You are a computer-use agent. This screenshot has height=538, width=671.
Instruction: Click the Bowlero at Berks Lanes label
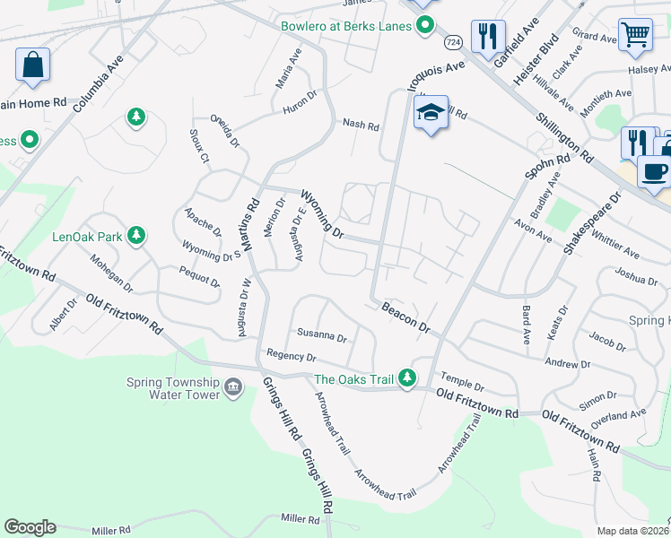(345, 26)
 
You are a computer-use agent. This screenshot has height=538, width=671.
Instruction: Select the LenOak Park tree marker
(136, 236)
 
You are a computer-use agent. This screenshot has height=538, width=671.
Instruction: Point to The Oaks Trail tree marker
(407, 377)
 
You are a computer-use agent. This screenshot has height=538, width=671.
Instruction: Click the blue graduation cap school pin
(431, 114)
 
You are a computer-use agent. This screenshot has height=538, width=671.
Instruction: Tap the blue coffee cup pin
(654, 170)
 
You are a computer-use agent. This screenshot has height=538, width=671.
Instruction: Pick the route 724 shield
(453, 43)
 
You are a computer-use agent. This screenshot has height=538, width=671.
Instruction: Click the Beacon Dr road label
(405, 317)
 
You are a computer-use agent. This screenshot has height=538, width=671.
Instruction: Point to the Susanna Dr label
(322, 337)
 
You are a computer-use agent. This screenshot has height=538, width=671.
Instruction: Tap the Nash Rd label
(361, 126)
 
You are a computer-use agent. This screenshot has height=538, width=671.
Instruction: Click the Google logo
(30, 527)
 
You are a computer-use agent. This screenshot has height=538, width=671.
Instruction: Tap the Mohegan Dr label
(111, 274)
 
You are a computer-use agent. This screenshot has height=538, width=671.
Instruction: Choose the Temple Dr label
(460, 383)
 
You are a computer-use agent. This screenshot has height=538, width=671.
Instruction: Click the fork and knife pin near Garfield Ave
(487, 38)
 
